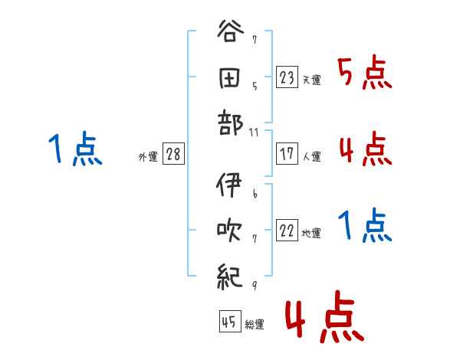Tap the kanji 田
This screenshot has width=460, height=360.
231,79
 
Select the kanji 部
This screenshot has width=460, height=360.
231,123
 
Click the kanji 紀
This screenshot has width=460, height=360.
231,274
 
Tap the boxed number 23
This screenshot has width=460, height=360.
287,77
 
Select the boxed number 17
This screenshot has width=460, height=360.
287,154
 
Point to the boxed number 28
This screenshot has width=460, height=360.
173,154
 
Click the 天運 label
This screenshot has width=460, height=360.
311,80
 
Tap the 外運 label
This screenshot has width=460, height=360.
147,156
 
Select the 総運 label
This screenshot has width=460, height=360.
255,324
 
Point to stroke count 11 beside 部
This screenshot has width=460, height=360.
255,133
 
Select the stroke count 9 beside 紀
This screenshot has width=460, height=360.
254,286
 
